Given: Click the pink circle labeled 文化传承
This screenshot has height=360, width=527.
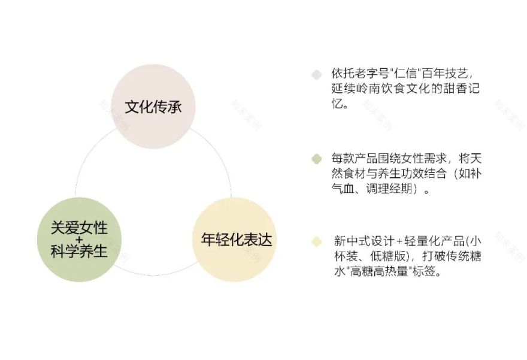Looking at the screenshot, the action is click(x=153, y=107).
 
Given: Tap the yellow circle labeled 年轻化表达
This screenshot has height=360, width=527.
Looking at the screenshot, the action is click(x=236, y=240).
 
